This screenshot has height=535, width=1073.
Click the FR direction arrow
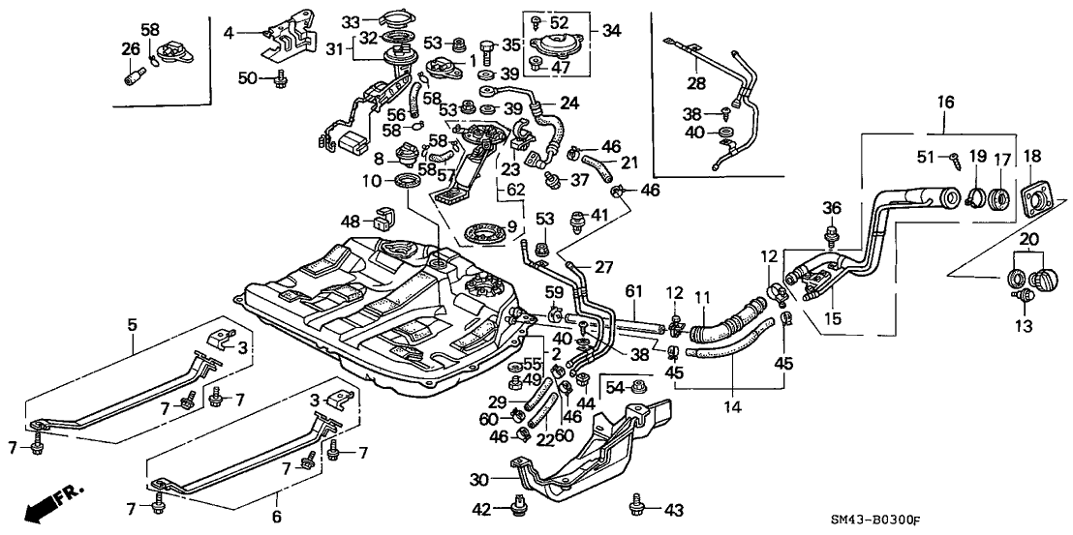tap(48, 504)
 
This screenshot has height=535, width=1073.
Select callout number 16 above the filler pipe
tap(945, 101)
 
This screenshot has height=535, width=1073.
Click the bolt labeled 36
tap(831, 233)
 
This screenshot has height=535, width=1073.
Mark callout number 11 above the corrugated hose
tap(703, 296)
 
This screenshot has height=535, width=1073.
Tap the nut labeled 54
tap(638, 388)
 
